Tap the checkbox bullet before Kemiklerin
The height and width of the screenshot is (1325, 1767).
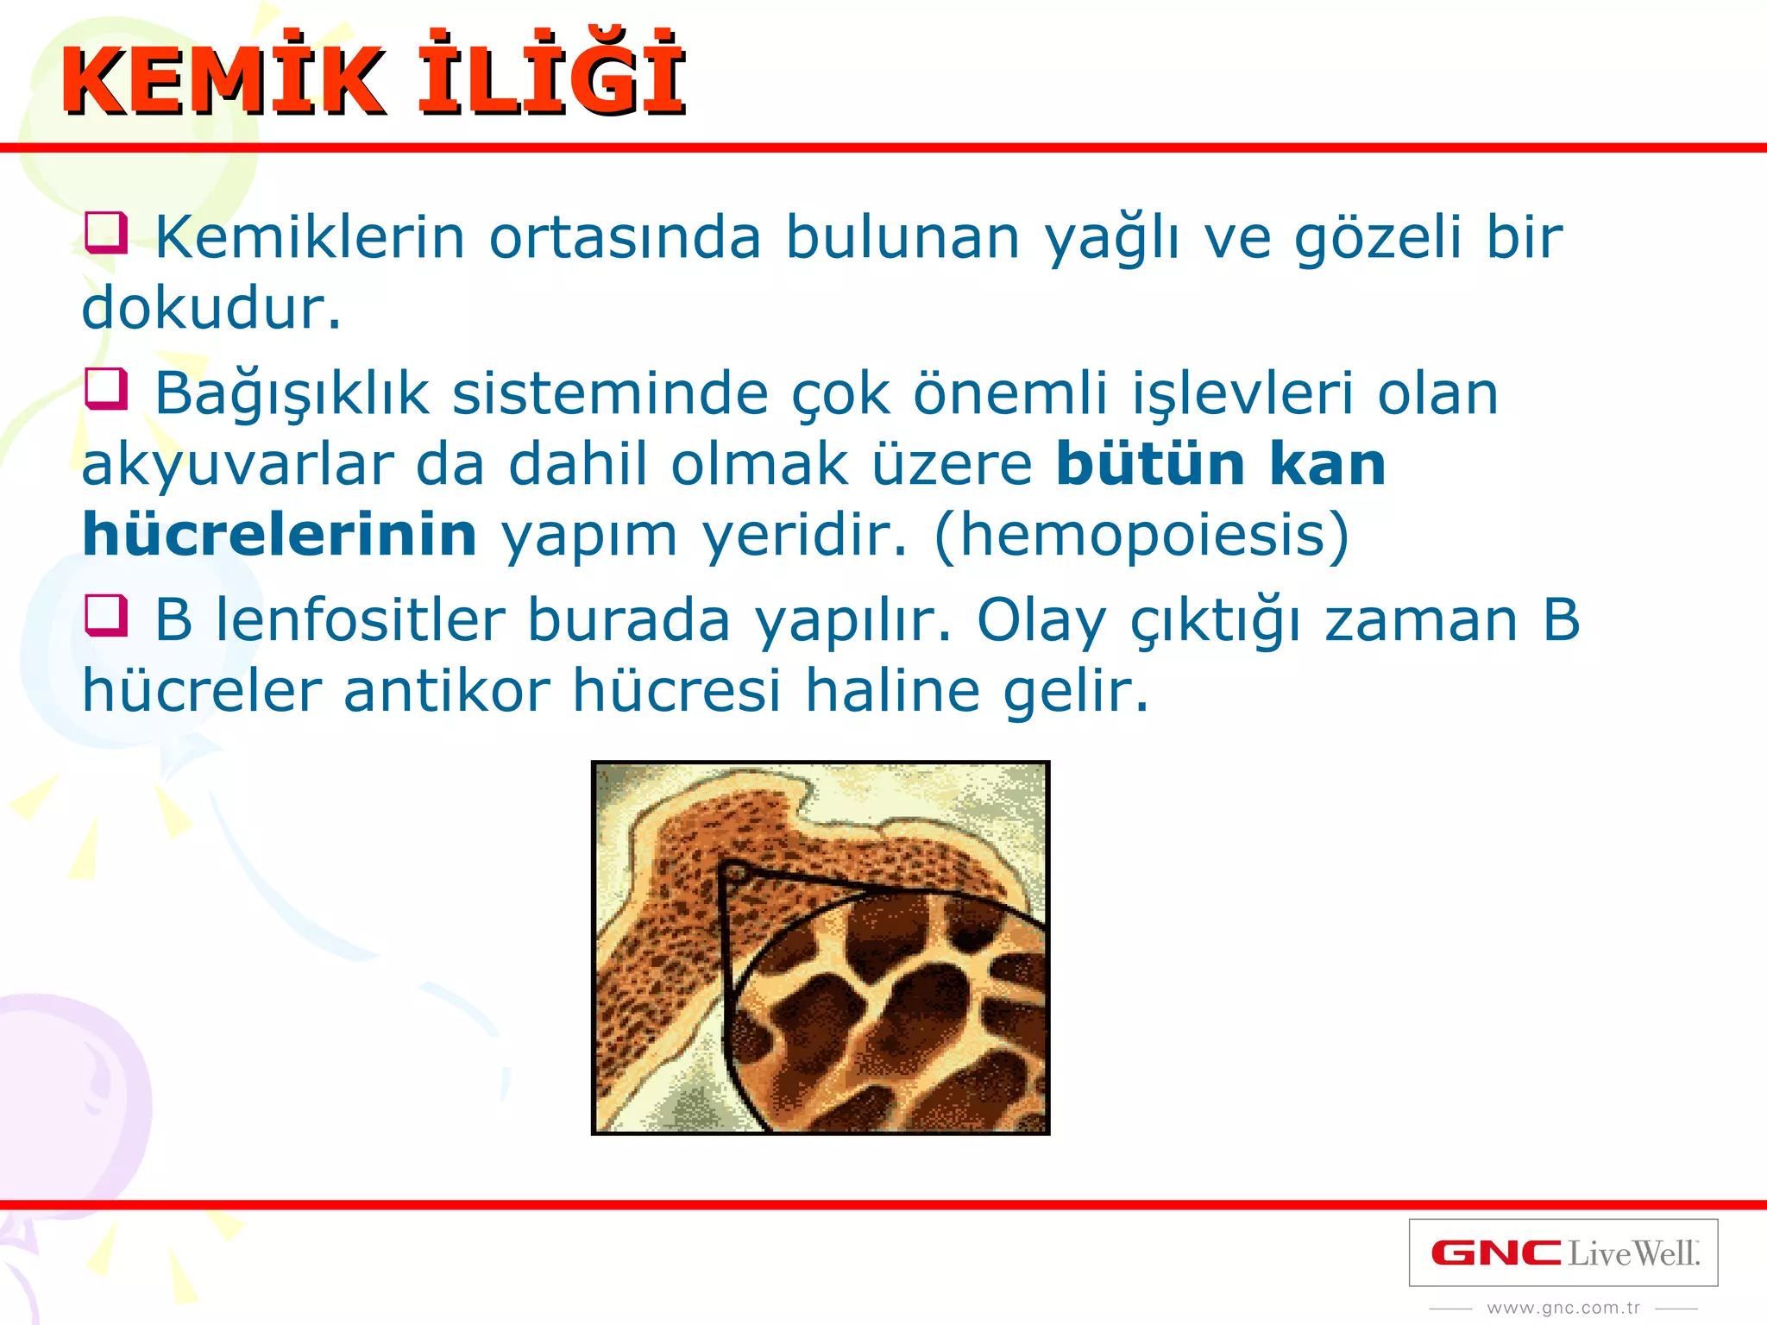click(106, 234)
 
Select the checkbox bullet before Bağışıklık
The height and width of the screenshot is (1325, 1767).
click(106, 390)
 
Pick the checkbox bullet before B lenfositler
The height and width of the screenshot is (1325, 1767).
click(106, 617)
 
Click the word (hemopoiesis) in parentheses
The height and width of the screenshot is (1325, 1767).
click(1141, 535)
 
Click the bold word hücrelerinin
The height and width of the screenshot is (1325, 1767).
click(280, 535)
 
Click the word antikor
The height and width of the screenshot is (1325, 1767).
click(447, 691)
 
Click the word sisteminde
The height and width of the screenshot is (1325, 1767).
click(611, 393)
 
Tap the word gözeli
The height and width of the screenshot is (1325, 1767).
click(1378, 237)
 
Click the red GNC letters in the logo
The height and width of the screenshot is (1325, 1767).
click(1496, 1253)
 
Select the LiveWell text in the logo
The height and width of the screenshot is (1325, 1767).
click(1633, 1253)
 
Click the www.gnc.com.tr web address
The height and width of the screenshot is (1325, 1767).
click(1563, 1309)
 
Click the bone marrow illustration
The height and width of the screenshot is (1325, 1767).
click(820, 947)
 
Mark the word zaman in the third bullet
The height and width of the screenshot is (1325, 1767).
click(1420, 620)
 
